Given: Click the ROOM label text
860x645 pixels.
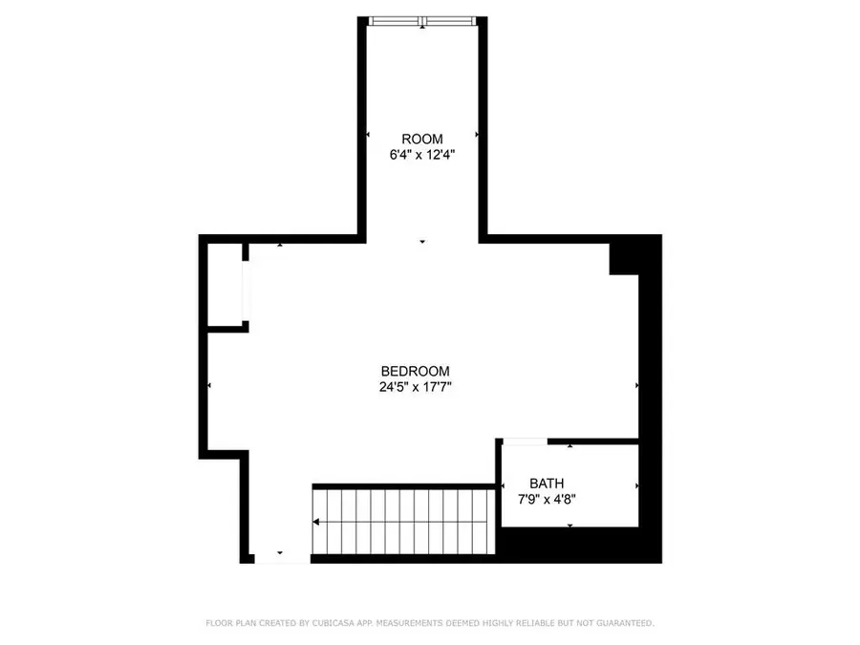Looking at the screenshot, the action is (421, 140).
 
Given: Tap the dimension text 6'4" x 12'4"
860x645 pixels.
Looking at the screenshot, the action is (422, 155).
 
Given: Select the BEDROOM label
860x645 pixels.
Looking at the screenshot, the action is (416, 372).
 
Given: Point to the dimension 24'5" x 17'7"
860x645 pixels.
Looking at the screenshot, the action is (416, 387).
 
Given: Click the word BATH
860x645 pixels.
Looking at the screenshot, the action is (547, 484).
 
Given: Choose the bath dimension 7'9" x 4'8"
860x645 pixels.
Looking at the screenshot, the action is (547, 500).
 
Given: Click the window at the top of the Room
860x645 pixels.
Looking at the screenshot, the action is (422, 21).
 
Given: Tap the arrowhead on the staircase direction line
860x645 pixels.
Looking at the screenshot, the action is (316, 522).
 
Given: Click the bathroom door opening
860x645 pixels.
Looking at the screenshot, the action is (525, 441).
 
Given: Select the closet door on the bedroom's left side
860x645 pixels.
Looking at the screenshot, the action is (246, 290).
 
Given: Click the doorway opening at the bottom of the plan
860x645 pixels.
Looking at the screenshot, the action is (283, 559).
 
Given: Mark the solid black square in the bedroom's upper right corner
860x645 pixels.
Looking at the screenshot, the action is (624, 259).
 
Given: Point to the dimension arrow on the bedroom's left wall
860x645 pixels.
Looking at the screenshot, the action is (209, 386).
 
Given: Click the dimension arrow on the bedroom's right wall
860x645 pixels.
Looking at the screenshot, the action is (636, 386).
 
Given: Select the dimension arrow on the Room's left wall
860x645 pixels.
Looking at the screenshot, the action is (368, 135).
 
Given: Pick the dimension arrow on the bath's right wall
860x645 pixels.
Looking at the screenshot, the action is (636, 486).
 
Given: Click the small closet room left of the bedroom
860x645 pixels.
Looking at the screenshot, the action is (225, 285).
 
